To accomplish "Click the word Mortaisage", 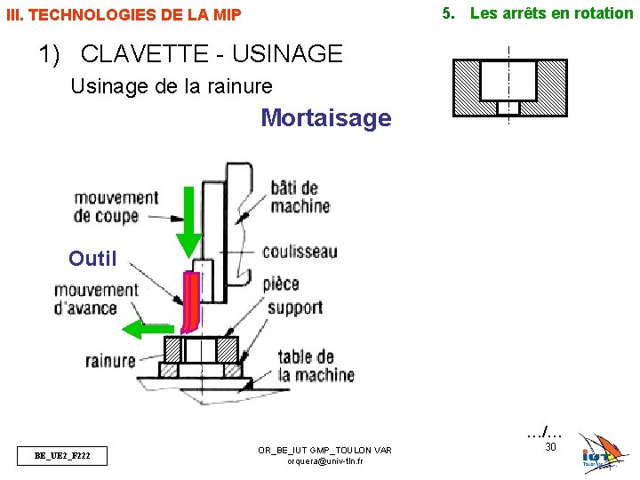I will [x=325, y=118].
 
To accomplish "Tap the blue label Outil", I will [x=92, y=259].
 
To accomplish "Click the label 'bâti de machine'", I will [x=300, y=196].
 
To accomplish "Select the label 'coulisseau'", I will [x=300, y=252].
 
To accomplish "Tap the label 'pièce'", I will [x=281, y=284].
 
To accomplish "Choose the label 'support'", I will [x=294, y=308].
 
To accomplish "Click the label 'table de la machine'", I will [x=316, y=365].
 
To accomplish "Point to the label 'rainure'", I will [x=110, y=360].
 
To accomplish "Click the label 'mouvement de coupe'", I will [x=116, y=206].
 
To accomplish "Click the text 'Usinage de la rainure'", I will [x=171, y=86].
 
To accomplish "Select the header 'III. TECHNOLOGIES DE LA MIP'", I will [x=124, y=15].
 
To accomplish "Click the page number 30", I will [x=549, y=446].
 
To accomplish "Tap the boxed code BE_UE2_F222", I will [x=61, y=456].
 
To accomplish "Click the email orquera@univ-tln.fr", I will [x=324, y=462].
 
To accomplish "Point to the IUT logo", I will [x=600, y=453].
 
